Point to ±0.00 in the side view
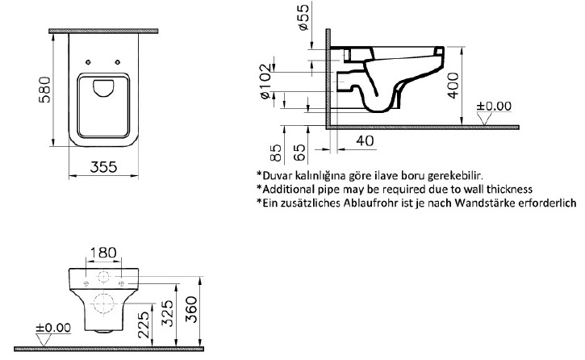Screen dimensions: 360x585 [x=494, y=106]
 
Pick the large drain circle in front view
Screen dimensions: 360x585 [x=104, y=304]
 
